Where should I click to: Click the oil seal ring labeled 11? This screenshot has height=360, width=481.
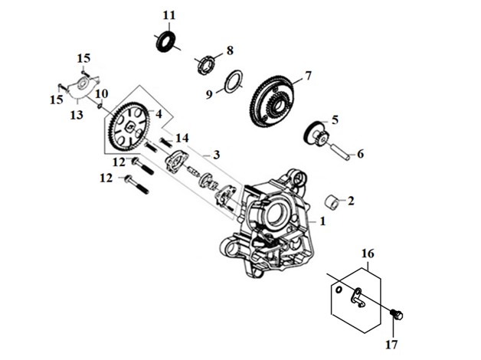pos(165,41)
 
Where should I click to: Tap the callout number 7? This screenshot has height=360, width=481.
pos(308,76)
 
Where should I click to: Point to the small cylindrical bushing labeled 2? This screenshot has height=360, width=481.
pos(332,201)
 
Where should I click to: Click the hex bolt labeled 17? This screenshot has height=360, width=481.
pos(396,314)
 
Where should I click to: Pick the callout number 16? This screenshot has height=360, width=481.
pos(368,254)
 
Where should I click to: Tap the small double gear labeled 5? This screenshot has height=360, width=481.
pos(316,133)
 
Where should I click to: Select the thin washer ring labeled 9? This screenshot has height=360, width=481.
pos(234,81)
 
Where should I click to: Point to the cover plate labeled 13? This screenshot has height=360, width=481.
pos(82,87)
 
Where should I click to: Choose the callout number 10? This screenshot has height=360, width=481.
pos(102,94)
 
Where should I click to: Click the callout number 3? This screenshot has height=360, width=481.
pos(217,155)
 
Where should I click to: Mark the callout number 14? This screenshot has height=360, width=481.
pos(182,138)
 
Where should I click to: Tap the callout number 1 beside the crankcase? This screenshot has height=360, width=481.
pos(322,221)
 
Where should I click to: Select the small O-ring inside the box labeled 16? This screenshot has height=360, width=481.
pos(339,290)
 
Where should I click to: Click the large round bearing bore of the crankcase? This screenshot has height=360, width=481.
pos(276,213)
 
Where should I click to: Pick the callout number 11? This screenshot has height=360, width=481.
pos(169,15)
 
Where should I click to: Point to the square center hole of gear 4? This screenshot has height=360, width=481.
pos(130,126)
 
